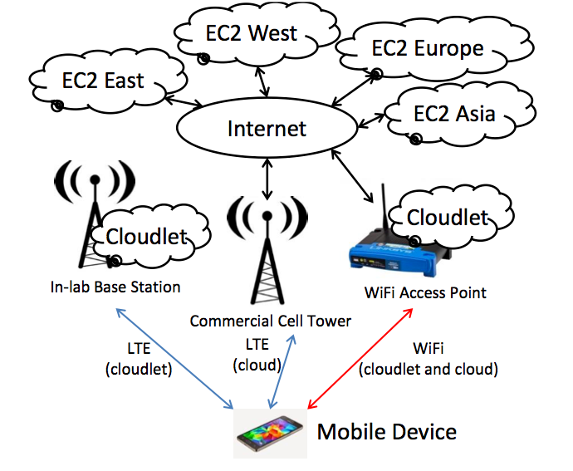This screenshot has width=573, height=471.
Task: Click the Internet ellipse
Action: pos(267,129)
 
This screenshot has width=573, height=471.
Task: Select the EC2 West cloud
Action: pos(250,36)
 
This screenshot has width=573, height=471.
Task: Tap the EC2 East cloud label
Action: pos(103,80)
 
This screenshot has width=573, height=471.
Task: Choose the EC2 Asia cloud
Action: pos(453,113)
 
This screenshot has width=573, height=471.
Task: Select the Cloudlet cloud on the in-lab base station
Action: pos(146,236)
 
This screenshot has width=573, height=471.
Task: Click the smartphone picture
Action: pos(269,433)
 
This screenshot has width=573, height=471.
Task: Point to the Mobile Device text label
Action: pos(387,432)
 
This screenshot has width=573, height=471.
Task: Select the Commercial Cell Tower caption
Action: pos(271,321)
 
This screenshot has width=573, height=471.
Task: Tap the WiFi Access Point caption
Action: pos(425,292)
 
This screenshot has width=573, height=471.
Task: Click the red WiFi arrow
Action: pos(360,358)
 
